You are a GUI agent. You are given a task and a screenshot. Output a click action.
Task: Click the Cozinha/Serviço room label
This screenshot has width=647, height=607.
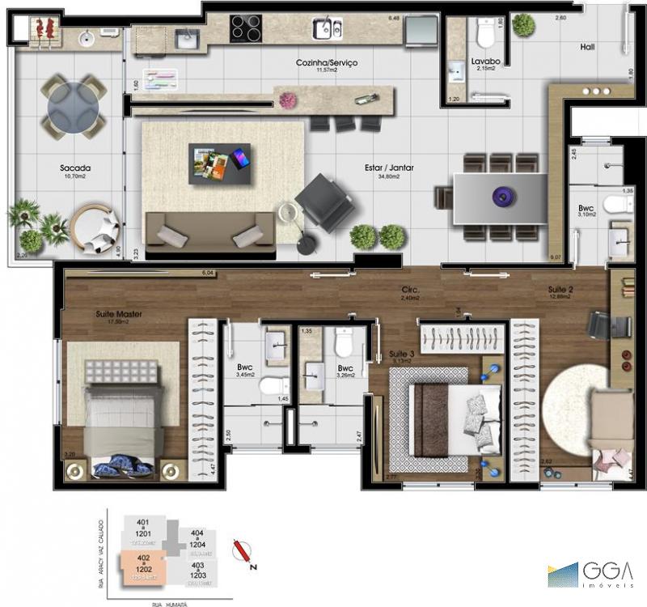pos(326,62)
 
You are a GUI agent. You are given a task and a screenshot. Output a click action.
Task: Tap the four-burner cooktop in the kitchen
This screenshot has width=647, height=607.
pos(246,28)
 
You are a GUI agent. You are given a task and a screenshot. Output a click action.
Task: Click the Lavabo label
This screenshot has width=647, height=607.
pos(485,61)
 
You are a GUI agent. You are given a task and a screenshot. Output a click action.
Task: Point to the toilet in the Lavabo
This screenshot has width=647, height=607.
pos(486,34)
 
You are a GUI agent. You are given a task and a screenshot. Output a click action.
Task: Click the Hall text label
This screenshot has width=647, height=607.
pos(588,47)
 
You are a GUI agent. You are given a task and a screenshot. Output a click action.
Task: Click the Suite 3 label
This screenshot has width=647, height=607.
pos(400,354)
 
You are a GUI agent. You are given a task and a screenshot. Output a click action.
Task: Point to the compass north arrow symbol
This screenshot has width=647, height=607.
pos(243,551)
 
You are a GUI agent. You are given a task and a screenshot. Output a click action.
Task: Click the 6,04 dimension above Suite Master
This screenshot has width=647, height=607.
pos(209,274)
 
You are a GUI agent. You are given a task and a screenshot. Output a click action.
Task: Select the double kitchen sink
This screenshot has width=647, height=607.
pos(328,28)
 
